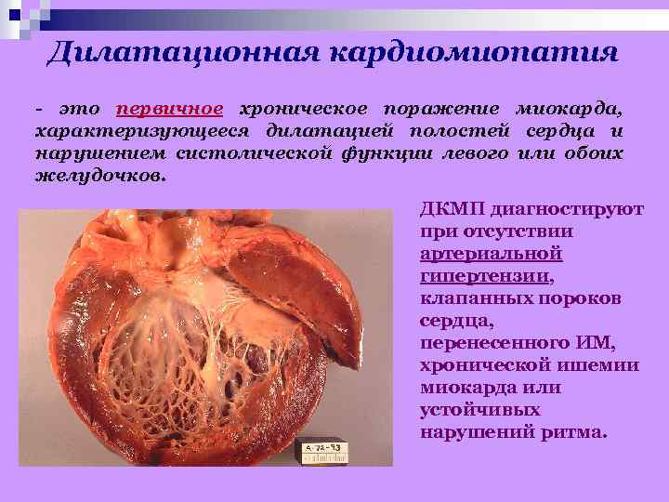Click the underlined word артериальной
[x=492, y=254]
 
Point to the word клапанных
[x=471, y=298]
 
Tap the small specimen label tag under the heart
[x=328, y=452]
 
